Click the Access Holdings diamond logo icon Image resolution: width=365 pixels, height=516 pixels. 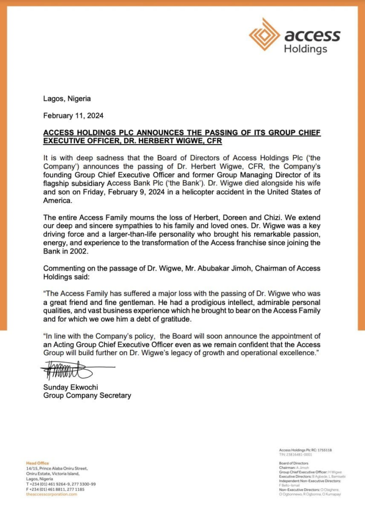265,35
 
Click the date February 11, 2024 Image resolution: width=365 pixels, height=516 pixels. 74,115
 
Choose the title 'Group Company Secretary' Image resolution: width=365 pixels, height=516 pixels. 87,396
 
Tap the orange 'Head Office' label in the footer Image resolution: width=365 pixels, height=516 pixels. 38,463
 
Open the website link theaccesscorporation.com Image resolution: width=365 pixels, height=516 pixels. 52,494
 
